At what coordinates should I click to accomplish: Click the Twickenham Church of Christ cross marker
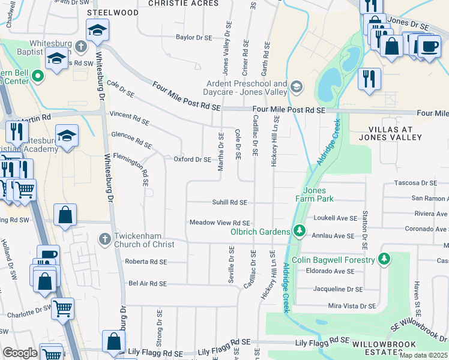[105, 239]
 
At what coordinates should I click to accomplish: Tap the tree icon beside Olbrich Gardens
[298, 231]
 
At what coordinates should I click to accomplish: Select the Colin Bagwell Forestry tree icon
[384, 260]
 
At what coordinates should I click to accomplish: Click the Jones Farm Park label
[310, 194]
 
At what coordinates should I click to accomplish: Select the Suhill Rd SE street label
[230, 203]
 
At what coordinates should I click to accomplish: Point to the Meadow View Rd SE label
[219, 223]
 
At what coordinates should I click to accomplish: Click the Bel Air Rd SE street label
[148, 283]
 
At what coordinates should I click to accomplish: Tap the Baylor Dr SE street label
[194, 37]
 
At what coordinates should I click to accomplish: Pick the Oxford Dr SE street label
[192, 160]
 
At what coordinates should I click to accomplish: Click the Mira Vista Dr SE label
[352, 306]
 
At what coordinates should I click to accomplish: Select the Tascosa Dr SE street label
[414, 183]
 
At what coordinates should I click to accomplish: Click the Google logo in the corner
[20, 353]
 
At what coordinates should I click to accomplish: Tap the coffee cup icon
[429, 46]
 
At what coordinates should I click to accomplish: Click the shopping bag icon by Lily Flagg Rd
[113, 341]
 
